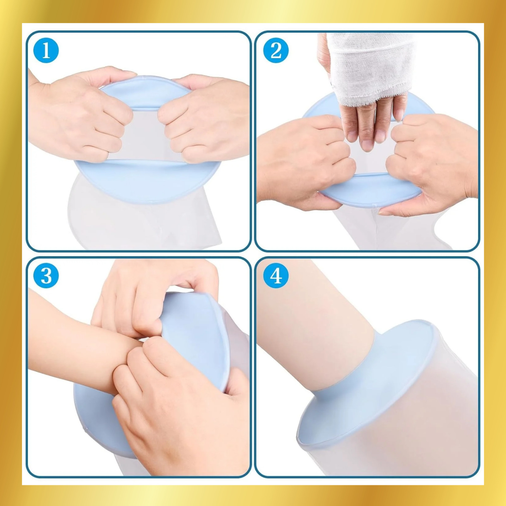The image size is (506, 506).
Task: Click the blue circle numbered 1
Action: (x=46, y=50)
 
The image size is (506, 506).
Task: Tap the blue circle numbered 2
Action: (x=276, y=50)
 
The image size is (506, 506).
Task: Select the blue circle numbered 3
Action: (x=46, y=275)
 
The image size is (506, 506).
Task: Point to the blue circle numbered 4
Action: (x=276, y=275)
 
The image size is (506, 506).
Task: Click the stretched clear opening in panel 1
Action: (x=145, y=134)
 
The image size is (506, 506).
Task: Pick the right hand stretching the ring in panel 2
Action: (x=433, y=164)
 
